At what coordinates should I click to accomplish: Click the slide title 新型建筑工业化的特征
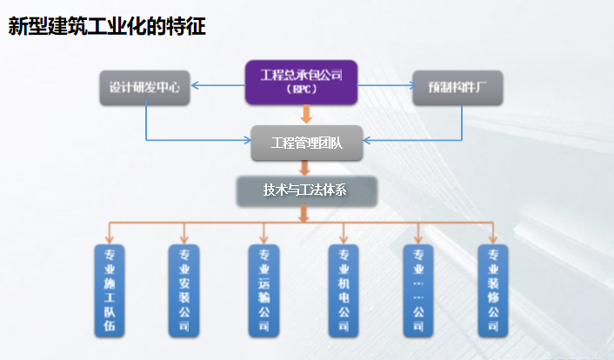[x=107, y=27]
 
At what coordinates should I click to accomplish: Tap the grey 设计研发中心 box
[x=144, y=87]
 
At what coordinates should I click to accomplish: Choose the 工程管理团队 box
[x=305, y=143]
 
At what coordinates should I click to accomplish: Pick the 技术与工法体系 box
[x=305, y=190]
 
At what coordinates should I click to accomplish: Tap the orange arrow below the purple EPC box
[x=305, y=115]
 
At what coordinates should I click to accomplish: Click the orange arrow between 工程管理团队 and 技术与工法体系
[x=305, y=168]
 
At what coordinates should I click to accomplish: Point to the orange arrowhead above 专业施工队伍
[x=110, y=236]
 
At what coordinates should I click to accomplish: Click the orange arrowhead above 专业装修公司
[x=493, y=236]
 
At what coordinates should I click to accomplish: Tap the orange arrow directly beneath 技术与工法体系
[x=304, y=214]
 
